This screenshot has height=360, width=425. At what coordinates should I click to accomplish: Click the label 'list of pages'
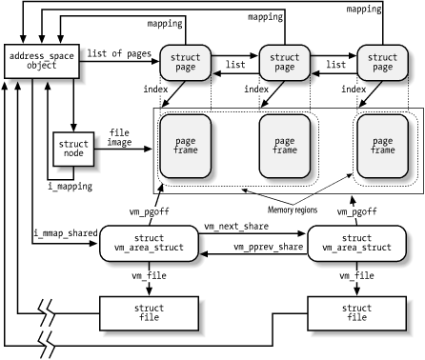pyautogui.click(x=117, y=54)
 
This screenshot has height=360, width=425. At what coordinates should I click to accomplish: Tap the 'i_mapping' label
pyautogui.click(x=70, y=188)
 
